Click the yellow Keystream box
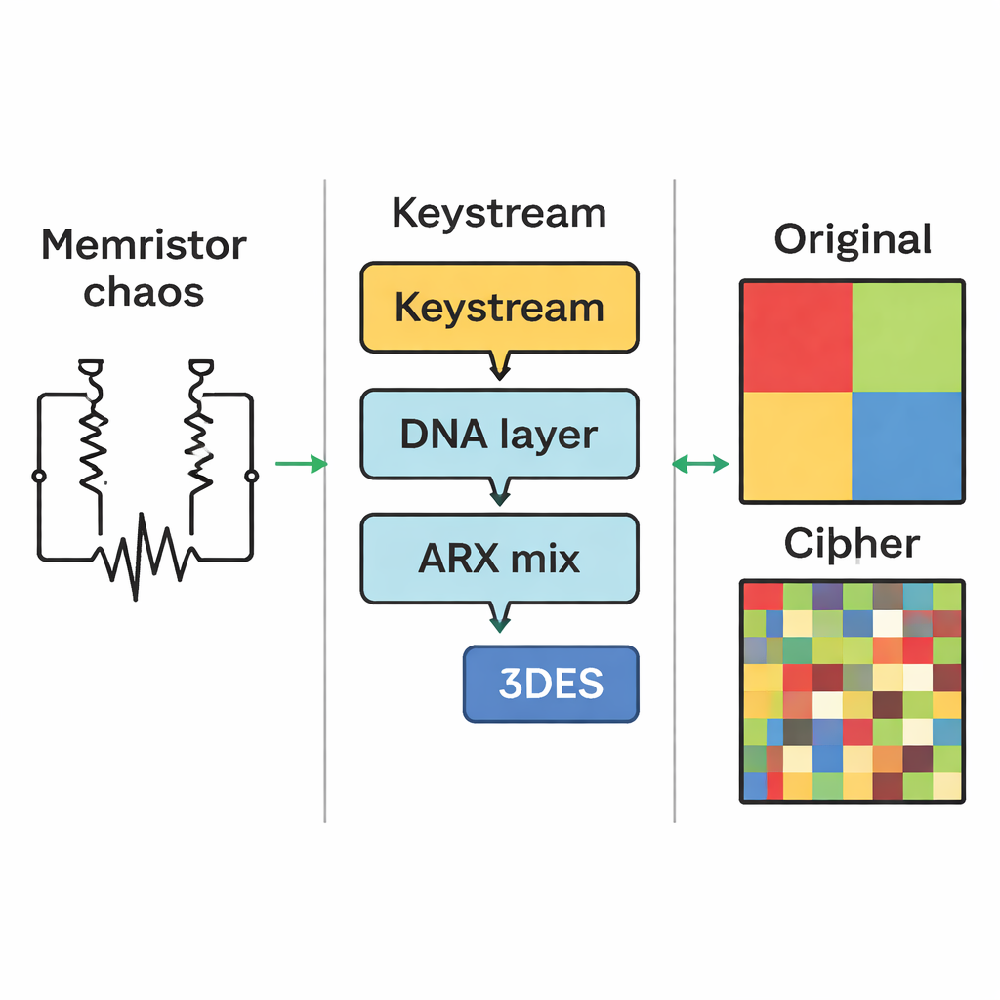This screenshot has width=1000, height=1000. pos(499,307)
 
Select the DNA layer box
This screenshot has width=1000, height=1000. pos(499,434)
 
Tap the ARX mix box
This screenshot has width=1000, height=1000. pos(499,559)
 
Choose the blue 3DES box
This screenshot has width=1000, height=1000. pos(550,684)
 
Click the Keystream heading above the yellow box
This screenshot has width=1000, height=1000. pos(499,213)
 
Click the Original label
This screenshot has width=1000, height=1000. pos(853,239)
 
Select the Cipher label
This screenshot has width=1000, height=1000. pos(852,544)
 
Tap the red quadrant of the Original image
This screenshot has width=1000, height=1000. pos(797,337)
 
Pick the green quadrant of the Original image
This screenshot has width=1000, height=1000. pos(907,337)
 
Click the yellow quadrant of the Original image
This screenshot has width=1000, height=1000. pos(797,445)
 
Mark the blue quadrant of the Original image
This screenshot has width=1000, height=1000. pos(907,445)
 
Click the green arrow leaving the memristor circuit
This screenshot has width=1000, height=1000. pos(301,464)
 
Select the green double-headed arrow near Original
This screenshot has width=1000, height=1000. pos(701,464)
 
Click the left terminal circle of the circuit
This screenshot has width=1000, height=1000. pos(39,476)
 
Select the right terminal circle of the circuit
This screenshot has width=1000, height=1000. pos(252,476)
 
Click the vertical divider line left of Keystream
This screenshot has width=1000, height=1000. pos(325,488)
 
